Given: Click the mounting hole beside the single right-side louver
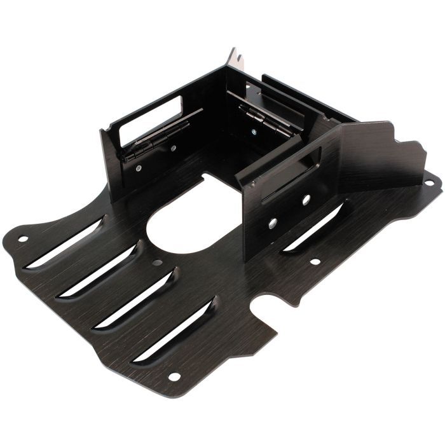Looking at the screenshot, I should click(x=314, y=261).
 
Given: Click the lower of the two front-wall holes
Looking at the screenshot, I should click(x=272, y=223).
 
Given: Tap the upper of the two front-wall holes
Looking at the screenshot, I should click(x=306, y=200).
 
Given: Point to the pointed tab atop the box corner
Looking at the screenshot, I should click(x=236, y=58).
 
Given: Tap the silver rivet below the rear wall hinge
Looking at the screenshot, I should click(x=254, y=132).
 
